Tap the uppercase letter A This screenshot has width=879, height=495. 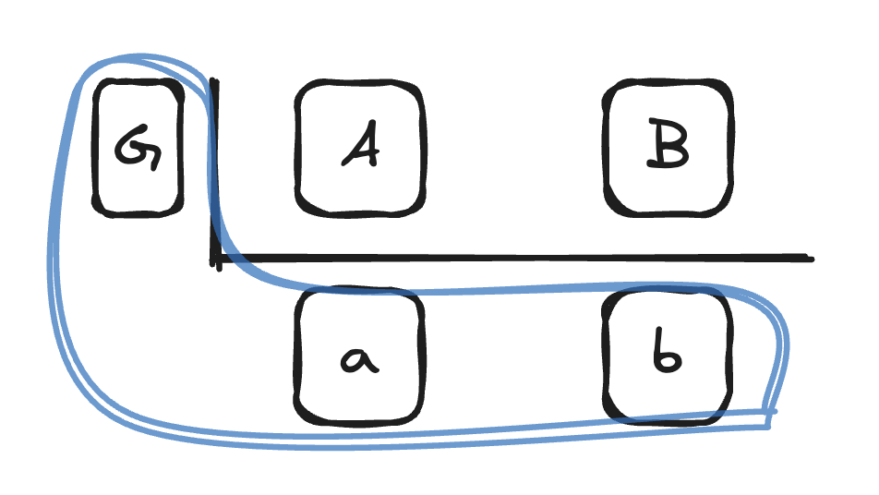pyautogui.click(x=360, y=148)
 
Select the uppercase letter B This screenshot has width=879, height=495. pyautogui.click(x=668, y=148)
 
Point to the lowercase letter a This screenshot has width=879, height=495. pyautogui.click(x=359, y=358)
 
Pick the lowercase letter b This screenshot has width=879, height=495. pyautogui.click(x=667, y=355)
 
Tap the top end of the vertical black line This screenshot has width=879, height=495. pyautogui.click(x=213, y=81)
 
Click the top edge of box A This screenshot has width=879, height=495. pyautogui.click(x=360, y=85)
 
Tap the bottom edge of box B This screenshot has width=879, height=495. pyautogui.click(x=668, y=212)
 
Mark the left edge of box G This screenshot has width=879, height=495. pyautogui.click(x=97, y=148)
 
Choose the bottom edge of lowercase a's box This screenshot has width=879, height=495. pyautogui.click(x=360, y=420)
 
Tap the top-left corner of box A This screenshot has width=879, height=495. pyautogui.click(x=303, y=91)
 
